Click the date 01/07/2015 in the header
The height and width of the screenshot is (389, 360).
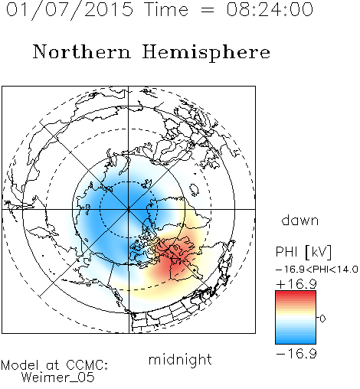(70, 10)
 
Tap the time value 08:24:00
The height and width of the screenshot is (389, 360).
(270, 9)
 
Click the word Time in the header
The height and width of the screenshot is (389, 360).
(166, 9)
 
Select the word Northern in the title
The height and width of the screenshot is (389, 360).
(82, 51)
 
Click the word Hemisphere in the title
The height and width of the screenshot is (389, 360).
(206, 53)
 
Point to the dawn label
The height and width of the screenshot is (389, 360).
(300, 220)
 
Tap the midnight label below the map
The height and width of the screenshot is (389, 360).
(180, 359)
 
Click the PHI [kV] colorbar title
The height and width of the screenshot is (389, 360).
(303, 252)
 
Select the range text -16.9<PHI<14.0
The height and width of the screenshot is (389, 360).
(317, 270)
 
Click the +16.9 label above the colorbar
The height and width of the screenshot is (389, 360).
(296, 284)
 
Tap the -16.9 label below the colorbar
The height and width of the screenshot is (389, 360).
(296, 354)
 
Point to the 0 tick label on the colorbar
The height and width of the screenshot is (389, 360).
(322, 319)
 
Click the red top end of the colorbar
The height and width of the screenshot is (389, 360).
(296, 293)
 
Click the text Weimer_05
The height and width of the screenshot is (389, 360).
(58, 378)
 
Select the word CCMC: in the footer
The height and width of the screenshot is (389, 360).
(87, 365)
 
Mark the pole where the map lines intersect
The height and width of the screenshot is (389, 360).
(129, 209)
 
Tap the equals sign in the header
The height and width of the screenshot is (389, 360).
(208, 10)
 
